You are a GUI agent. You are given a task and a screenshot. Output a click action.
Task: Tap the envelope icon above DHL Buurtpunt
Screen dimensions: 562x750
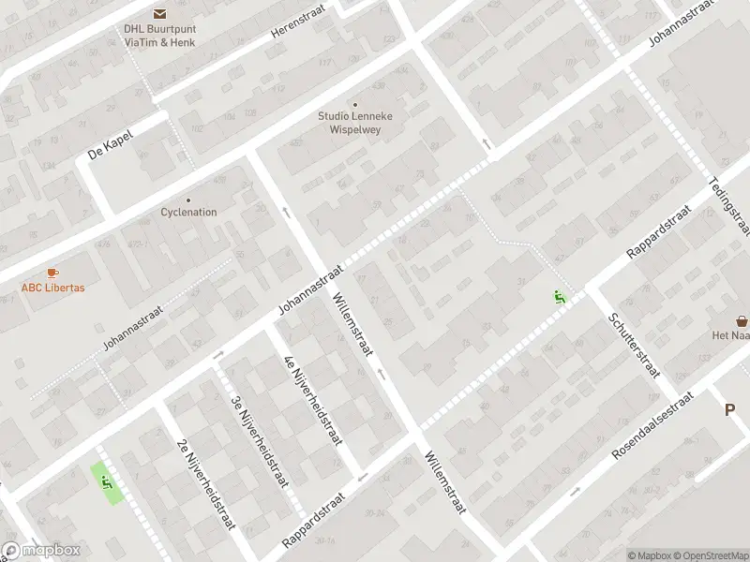click(160, 13)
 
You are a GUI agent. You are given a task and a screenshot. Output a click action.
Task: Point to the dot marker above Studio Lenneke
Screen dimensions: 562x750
click(354, 104)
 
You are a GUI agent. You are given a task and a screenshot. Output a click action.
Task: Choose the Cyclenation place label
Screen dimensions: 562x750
click(188, 212)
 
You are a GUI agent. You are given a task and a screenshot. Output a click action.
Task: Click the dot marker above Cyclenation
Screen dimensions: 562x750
click(188, 199)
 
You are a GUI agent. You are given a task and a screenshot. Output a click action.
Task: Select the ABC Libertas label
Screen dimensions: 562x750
click(52, 288)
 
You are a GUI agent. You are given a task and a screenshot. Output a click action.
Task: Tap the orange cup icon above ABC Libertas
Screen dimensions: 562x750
click(52, 273)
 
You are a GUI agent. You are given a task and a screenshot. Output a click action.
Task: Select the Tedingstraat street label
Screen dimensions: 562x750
click(732, 207)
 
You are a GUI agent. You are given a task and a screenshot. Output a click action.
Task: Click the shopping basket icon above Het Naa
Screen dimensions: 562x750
click(742, 320)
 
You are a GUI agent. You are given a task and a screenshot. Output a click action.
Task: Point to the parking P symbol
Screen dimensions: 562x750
click(729, 409)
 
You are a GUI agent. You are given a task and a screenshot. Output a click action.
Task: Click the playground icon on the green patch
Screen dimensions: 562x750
click(106, 482)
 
